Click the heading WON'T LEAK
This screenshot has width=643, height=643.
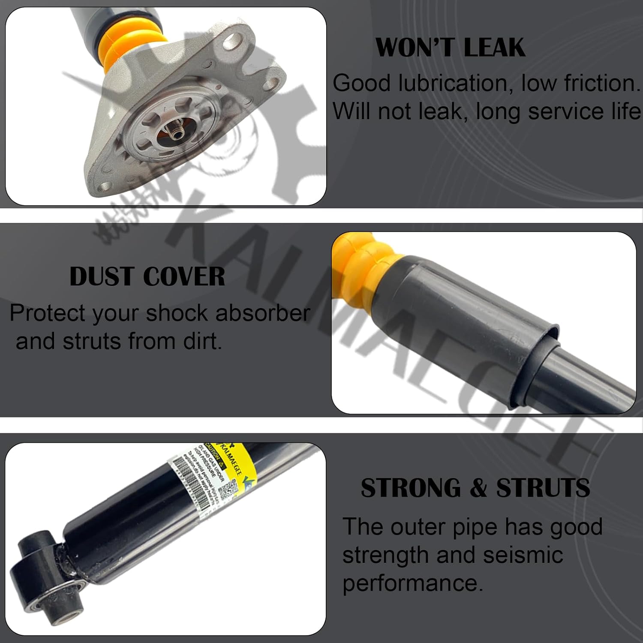[x=450, y=47]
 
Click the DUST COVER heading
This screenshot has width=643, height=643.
[x=147, y=276]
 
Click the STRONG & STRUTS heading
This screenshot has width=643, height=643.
[x=475, y=488]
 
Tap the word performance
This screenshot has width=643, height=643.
[x=412, y=583]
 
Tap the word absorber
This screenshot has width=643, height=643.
[x=262, y=313]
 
